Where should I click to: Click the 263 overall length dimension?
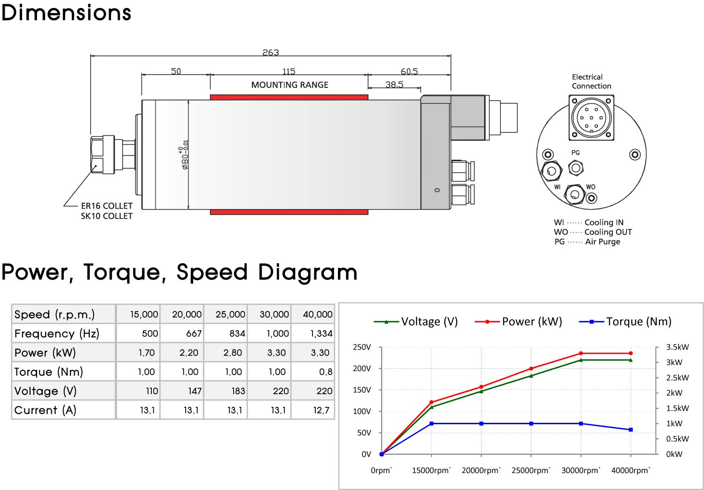click(x=271, y=52)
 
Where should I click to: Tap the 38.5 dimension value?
click(x=394, y=84)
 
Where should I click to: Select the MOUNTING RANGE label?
click(x=289, y=85)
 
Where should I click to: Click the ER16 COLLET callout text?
click(x=107, y=206)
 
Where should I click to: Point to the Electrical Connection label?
click(x=591, y=81)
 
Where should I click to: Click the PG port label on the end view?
click(x=575, y=153)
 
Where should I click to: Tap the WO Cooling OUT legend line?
click(x=593, y=232)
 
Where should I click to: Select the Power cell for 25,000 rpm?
click(x=233, y=352)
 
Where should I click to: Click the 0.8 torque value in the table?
click(x=326, y=372)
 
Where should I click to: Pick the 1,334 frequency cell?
click(x=321, y=333)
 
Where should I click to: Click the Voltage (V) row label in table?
click(x=46, y=391)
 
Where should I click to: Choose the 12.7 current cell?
click(x=321, y=410)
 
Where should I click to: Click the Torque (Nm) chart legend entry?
click(x=625, y=321)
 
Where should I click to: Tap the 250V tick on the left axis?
click(x=362, y=347)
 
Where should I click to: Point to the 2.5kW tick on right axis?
click(x=677, y=378)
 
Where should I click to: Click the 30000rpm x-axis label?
click(x=581, y=470)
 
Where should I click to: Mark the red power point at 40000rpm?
click(x=631, y=353)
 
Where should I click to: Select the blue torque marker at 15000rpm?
click(x=431, y=424)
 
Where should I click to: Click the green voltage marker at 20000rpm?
click(x=481, y=391)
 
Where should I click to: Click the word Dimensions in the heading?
click(x=66, y=13)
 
